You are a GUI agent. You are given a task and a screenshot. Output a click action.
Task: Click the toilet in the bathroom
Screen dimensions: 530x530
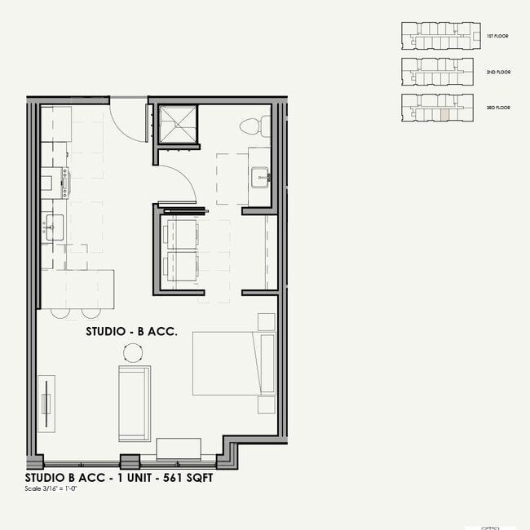pyautogui.click(x=250, y=126)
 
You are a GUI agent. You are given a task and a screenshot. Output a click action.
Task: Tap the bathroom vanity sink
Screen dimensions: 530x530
pyautogui.click(x=260, y=175)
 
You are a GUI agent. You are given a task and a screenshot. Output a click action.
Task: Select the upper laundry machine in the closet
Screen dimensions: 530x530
pyautogui.click(x=179, y=232)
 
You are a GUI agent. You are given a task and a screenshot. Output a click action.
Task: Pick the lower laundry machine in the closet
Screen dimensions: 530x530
pyautogui.click(x=179, y=267)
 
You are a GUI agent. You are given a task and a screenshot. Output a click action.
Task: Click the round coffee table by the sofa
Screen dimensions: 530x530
pyautogui.click(x=133, y=352)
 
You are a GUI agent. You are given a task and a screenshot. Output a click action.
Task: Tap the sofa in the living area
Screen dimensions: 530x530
pyautogui.click(x=135, y=404)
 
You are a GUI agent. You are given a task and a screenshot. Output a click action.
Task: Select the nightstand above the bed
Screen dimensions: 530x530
pyautogui.click(x=267, y=320)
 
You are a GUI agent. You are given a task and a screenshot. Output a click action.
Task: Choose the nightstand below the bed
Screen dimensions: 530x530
pyautogui.click(x=267, y=404)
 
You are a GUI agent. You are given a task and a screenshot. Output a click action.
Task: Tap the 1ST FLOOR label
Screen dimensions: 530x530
pyautogui.click(x=497, y=37)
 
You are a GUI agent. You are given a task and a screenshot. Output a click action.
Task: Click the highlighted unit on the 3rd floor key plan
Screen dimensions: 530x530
pyautogui.click(x=443, y=113)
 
